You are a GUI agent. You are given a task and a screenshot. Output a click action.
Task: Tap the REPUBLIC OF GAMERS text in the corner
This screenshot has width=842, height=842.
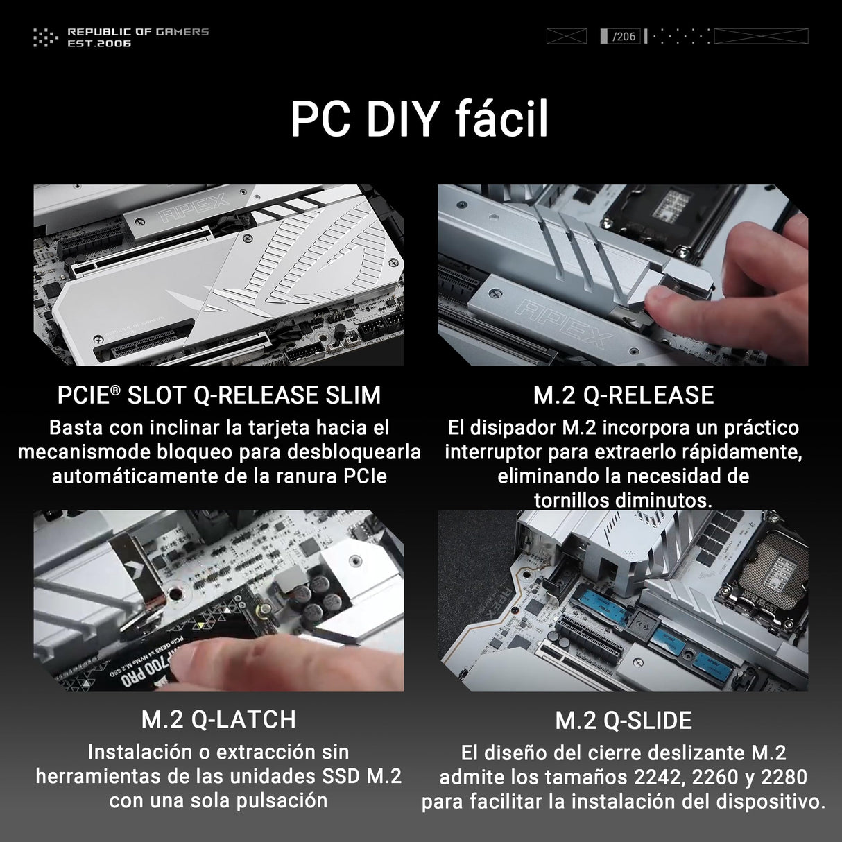(x=138, y=32)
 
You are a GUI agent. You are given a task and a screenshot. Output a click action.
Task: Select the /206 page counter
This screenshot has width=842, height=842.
(x=624, y=36)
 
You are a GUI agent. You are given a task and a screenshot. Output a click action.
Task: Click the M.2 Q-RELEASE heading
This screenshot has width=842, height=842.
(x=624, y=395)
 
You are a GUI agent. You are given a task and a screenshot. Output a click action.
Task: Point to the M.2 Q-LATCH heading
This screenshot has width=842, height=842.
(x=219, y=720)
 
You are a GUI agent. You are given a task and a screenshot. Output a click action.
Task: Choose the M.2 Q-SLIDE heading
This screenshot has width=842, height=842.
(x=624, y=721)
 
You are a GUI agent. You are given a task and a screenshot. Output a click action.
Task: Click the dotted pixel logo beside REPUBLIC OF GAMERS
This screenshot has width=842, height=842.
(x=46, y=37)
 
